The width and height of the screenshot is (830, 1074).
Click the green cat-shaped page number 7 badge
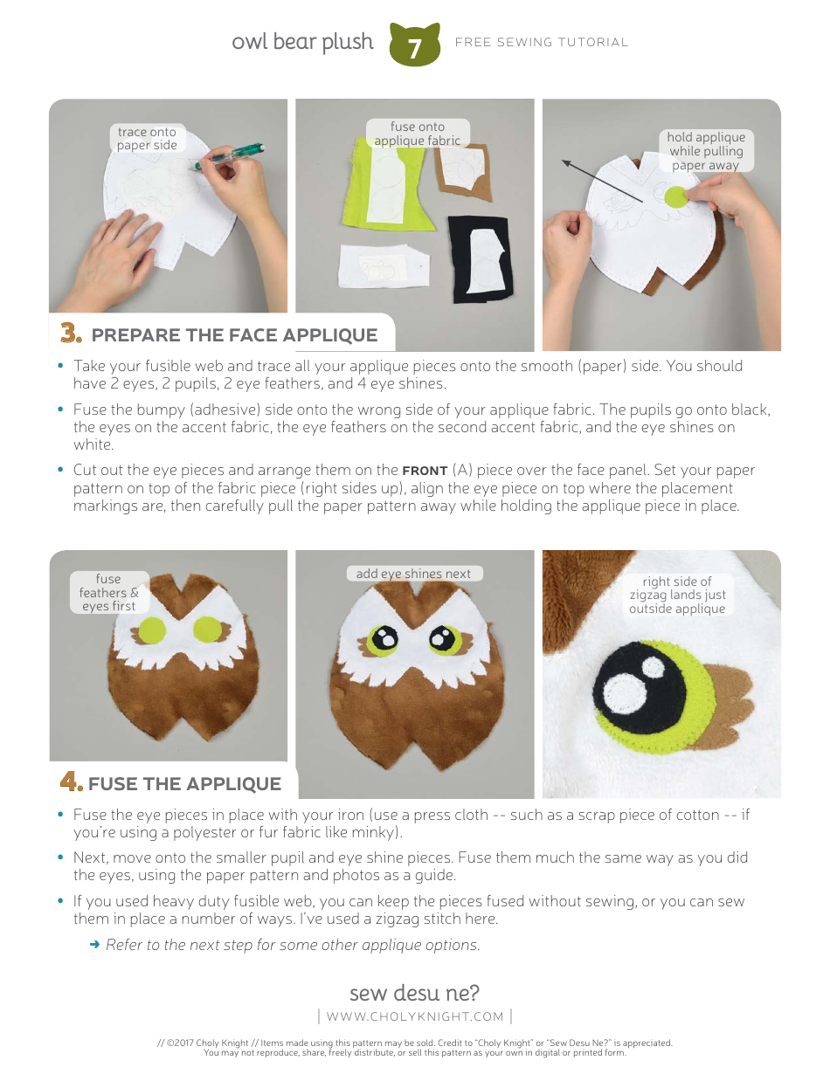(x=414, y=47)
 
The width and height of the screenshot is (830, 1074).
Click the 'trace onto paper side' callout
(x=147, y=139)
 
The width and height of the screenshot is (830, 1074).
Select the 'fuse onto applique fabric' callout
(x=417, y=134)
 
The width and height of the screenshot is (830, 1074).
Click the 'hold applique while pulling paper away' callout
(x=705, y=150)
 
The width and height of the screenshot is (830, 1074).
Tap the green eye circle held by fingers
(x=675, y=196)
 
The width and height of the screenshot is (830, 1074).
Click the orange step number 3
(x=71, y=334)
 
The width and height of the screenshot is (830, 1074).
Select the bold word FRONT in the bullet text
(x=425, y=471)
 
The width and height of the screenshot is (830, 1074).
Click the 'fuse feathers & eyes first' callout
(x=108, y=593)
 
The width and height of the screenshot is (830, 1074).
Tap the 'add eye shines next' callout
(x=413, y=574)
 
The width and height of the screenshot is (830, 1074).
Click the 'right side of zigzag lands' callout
(x=677, y=595)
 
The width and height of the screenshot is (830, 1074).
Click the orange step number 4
(x=71, y=782)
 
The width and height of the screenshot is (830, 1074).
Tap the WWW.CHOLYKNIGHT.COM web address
(x=415, y=1015)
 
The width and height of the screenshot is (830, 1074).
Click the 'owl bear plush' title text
(x=302, y=42)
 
